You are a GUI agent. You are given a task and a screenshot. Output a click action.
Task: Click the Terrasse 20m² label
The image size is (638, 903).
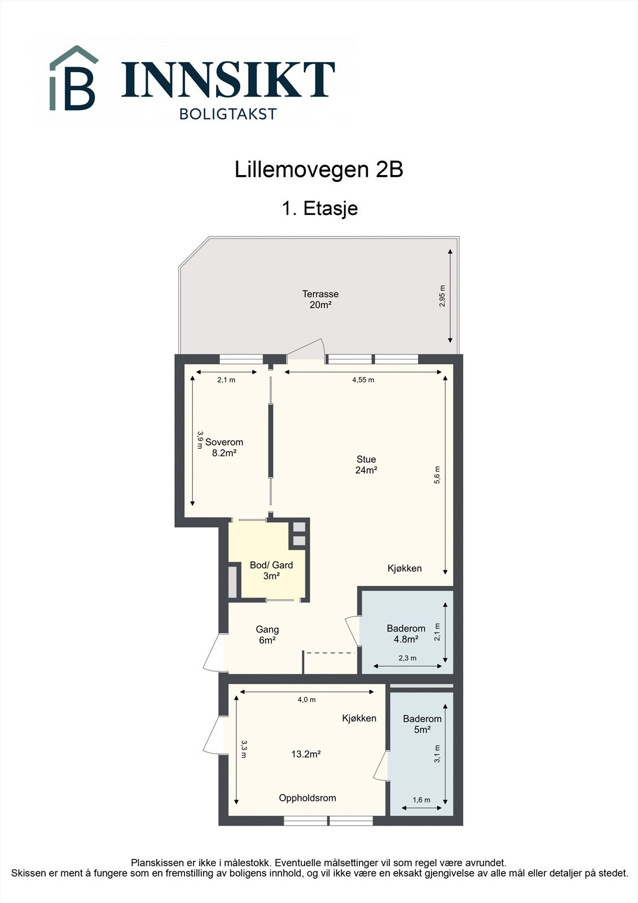[x=320, y=299]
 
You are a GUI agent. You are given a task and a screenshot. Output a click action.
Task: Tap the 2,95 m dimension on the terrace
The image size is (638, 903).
[x=442, y=296]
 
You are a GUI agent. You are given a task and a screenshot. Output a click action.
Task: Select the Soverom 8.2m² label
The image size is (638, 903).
[x=224, y=448]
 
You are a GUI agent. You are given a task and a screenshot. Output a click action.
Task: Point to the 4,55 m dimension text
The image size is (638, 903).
[x=363, y=380]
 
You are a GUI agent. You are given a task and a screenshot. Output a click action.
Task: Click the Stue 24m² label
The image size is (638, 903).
[x=366, y=464]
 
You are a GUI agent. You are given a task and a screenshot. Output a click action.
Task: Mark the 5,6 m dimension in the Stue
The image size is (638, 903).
[x=437, y=475]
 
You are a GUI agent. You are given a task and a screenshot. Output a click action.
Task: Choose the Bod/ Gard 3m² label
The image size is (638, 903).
[x=271, y=571]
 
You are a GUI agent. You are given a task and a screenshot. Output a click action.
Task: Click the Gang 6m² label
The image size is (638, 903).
[x=267, y=634]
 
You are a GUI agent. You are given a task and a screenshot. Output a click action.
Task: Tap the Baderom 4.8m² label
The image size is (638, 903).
[x=406, y=634]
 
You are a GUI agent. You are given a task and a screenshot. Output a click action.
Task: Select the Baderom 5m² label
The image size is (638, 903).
[x=422, y=724]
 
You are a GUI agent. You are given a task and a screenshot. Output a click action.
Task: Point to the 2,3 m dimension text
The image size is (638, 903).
[x=407, y=658]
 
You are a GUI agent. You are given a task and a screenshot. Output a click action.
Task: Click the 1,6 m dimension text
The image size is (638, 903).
[x=421, y=800]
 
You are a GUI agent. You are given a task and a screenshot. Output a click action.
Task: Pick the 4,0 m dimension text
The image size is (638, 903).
[x=306, y=700]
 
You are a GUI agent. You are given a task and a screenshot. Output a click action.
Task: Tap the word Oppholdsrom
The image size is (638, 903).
[x=307, y=798]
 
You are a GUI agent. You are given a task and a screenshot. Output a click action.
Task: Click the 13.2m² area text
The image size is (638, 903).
[x=306, y=754]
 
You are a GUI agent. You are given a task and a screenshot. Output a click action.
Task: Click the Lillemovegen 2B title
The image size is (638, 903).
[x=319, y=169]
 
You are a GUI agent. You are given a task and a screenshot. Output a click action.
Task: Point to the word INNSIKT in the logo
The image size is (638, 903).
[x=228, y=80]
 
